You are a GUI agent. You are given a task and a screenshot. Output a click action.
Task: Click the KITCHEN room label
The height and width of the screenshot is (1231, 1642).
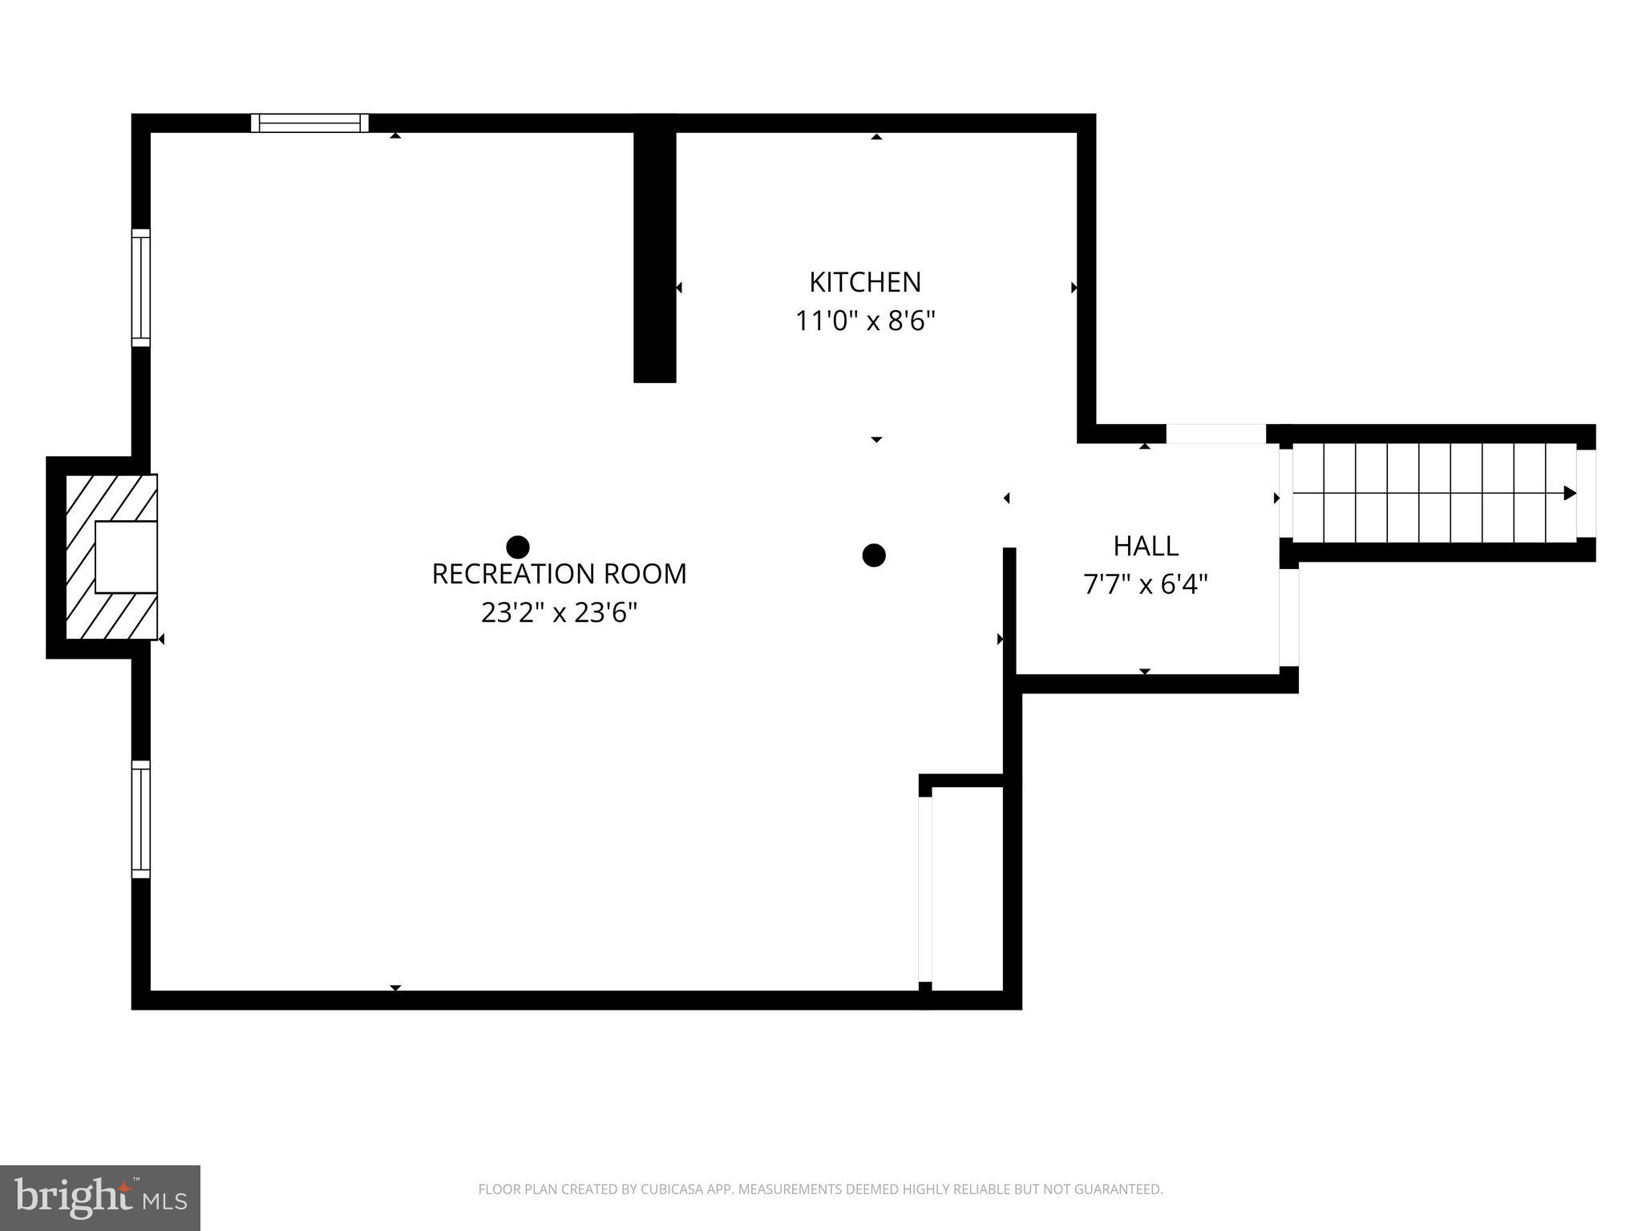pyautogui.click(x=864, y=282)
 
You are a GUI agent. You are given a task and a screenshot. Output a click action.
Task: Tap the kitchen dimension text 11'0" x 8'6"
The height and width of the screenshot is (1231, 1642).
pyautogui.click(x=864, y=321)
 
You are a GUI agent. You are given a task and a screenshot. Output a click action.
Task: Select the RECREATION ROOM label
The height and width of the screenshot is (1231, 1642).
pyautogui.click(x=559, y=574)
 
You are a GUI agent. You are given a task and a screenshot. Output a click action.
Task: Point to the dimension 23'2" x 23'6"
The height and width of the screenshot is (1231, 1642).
pyautogui.click(x=559, y=613)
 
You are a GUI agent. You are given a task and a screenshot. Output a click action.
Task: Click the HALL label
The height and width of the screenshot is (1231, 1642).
pyautogui.click(x=1145, y=546)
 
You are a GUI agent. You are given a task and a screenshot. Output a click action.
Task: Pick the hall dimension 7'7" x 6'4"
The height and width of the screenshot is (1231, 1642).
pyautogui.click(x=1145, y=585)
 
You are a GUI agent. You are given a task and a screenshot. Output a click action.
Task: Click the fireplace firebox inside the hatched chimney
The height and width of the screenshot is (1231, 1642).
pyautogui.click(x=126, y=557)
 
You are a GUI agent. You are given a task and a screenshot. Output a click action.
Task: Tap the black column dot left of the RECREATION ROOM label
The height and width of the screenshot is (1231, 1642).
pyautogui.click(x=518, y=547)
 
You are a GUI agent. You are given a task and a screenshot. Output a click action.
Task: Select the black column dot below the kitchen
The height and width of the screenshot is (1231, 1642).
pyautogui.click(x=873, y=555)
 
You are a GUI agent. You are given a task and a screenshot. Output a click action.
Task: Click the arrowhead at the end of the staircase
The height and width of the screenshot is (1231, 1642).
pyautogui.click(x=1569, y=493)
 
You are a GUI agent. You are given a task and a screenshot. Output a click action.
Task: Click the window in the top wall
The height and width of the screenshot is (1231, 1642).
pyautogui.click(x=309, y=123)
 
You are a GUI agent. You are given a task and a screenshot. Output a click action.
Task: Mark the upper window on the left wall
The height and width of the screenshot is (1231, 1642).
pyautogui.click(x=140, y=288)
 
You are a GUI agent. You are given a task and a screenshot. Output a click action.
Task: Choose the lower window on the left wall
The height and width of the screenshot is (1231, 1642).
pyautogui.click(x=140, y=819)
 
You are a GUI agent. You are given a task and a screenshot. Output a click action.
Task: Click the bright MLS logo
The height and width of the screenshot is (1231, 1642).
pyautogui.click(x=100, y=1198)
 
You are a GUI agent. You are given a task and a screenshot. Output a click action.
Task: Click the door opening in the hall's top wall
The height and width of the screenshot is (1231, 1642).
pyautogui.click(x=1215, y=434)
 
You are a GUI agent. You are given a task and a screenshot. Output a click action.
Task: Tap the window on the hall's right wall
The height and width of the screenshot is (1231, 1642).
pyautogui.click(x=1288, y=617)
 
